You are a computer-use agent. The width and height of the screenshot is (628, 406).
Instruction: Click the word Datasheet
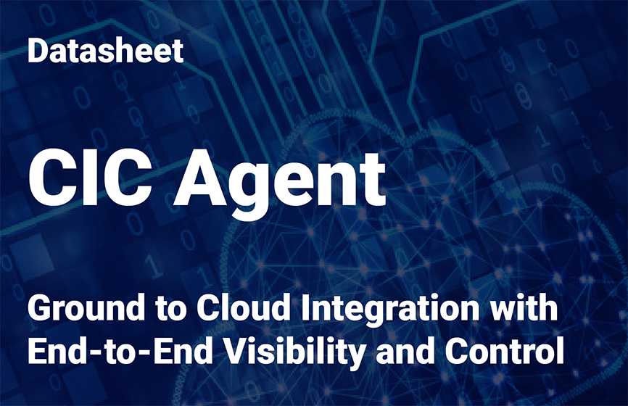pyautogui.click(x=105, y=51)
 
